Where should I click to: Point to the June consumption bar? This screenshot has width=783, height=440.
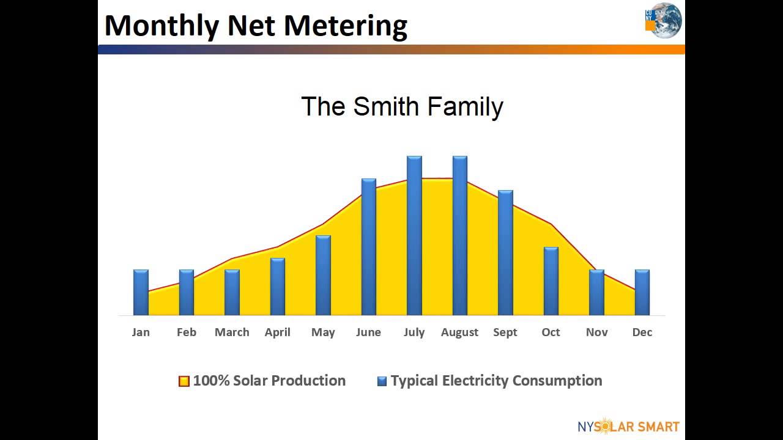pos(369,247)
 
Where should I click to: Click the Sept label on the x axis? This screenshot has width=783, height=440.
pos(505,332)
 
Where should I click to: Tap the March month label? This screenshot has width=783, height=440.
pos(232,332)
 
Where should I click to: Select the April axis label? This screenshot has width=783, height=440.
pos(277,332)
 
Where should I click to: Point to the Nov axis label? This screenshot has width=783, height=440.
pos(596,332)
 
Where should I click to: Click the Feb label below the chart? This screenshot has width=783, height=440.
pos(187,332)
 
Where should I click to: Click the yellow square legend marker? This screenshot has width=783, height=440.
pos(184,381)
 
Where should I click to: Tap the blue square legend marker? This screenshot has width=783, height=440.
pos(382,381)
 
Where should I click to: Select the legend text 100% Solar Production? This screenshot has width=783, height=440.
pos(269,381)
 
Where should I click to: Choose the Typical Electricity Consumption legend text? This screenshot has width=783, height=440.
pos(496,381)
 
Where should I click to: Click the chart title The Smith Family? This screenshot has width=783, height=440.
pos(402,106)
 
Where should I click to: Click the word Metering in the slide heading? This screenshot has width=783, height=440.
pos(346,26)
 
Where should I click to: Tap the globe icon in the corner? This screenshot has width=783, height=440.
pos(666,21)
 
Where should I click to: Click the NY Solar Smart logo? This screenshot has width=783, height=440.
pos(628,426)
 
